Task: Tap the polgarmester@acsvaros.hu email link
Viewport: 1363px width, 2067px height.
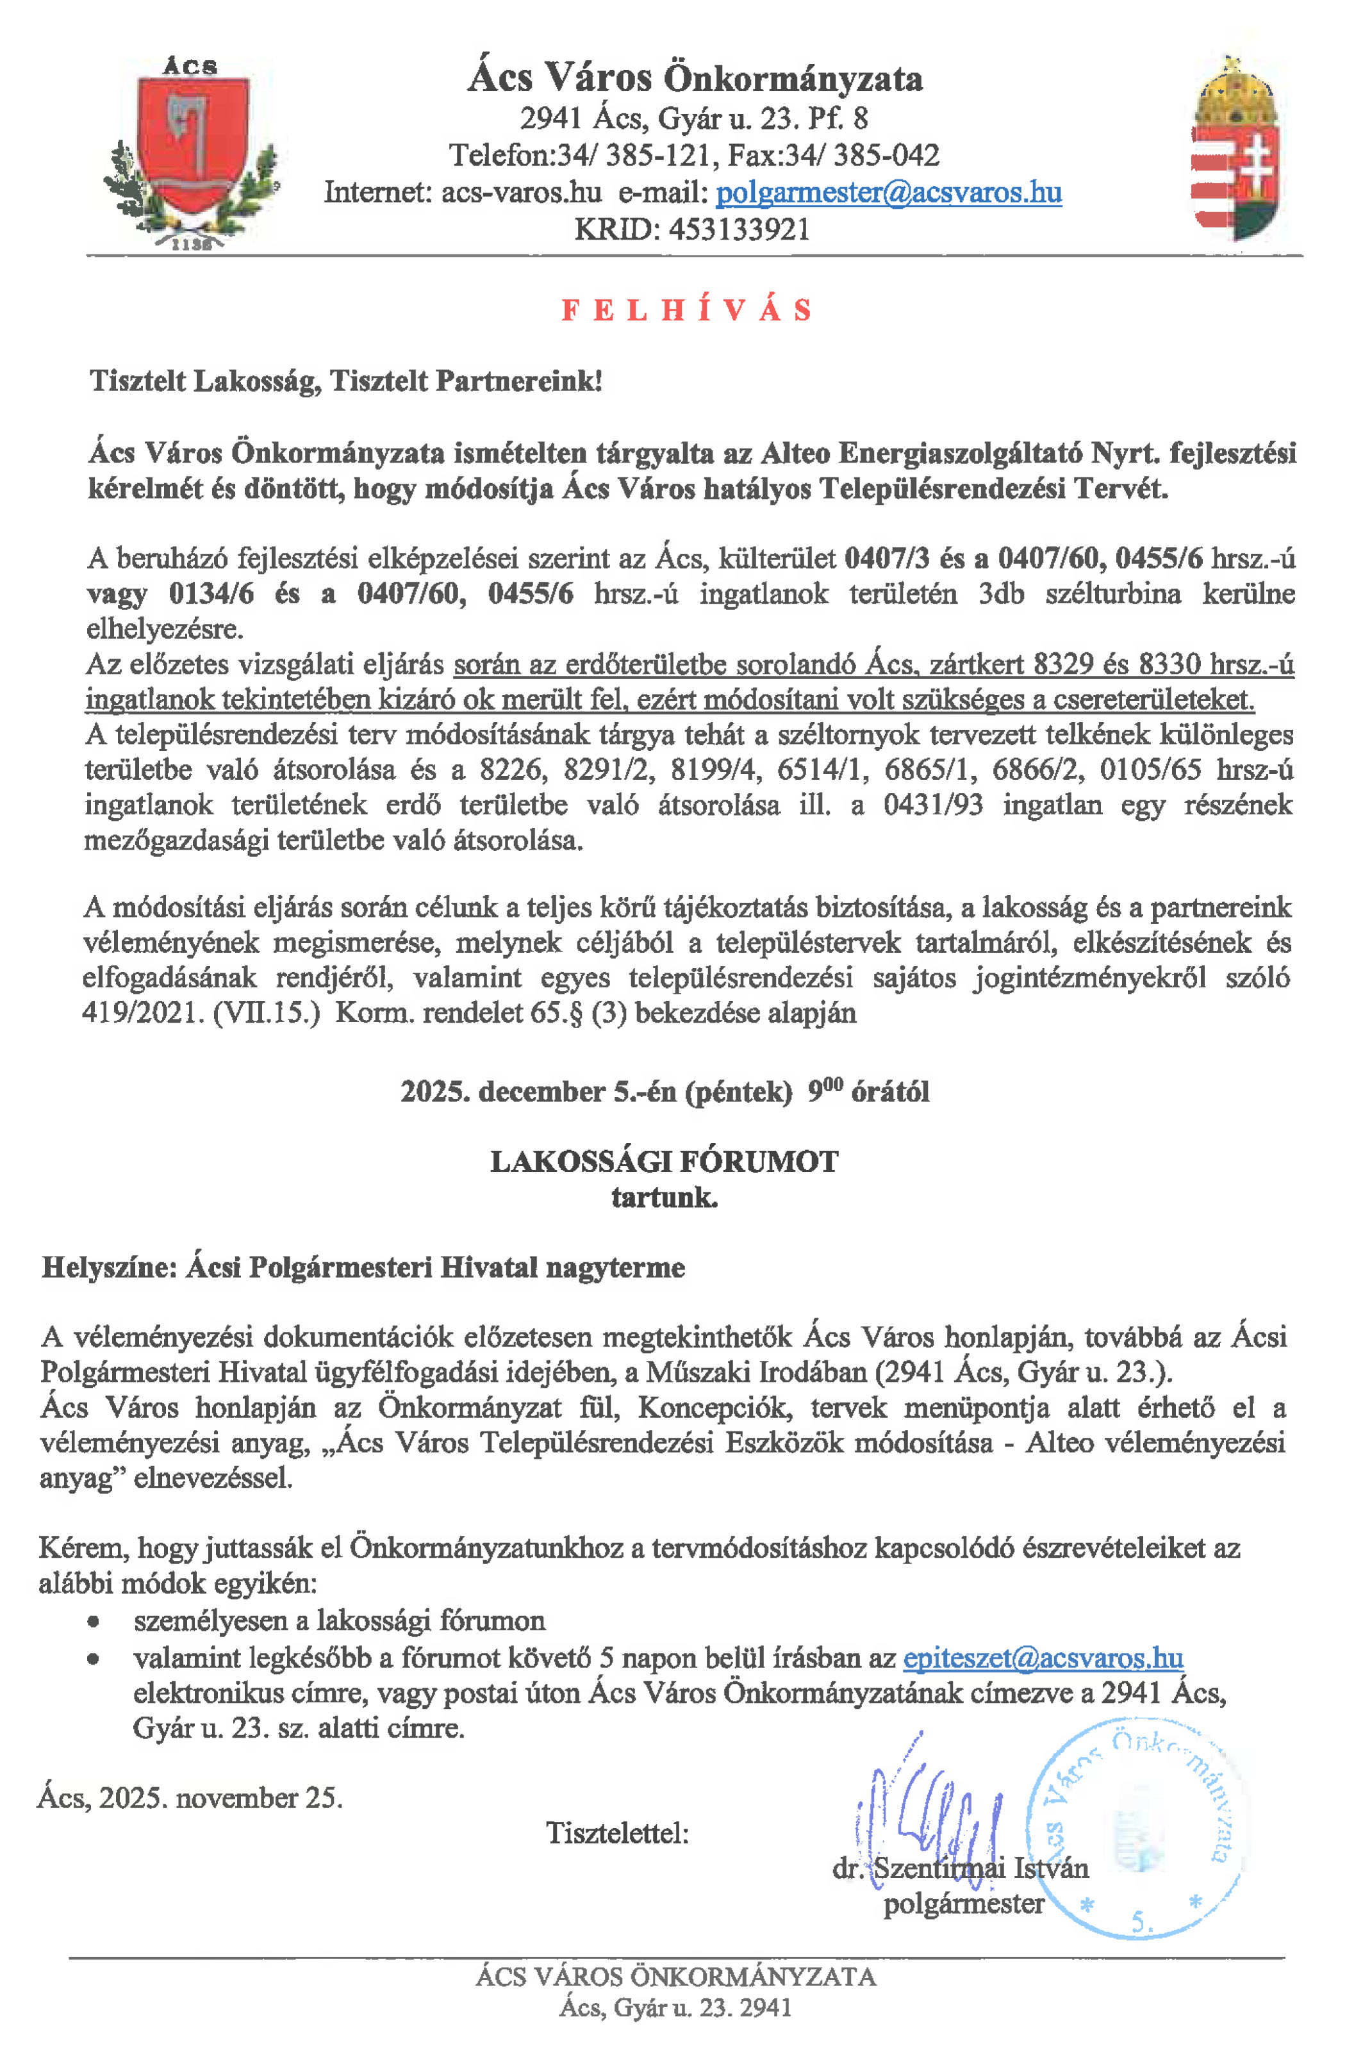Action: pos(888,192)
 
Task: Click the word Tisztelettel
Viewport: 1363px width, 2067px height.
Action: pos(616,1833)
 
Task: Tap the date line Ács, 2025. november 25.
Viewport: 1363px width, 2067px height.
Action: pos(190,1797)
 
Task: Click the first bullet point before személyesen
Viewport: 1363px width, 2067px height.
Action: pos(92,1622)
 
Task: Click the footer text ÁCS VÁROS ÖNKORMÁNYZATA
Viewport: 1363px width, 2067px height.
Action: pos(675,1977)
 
